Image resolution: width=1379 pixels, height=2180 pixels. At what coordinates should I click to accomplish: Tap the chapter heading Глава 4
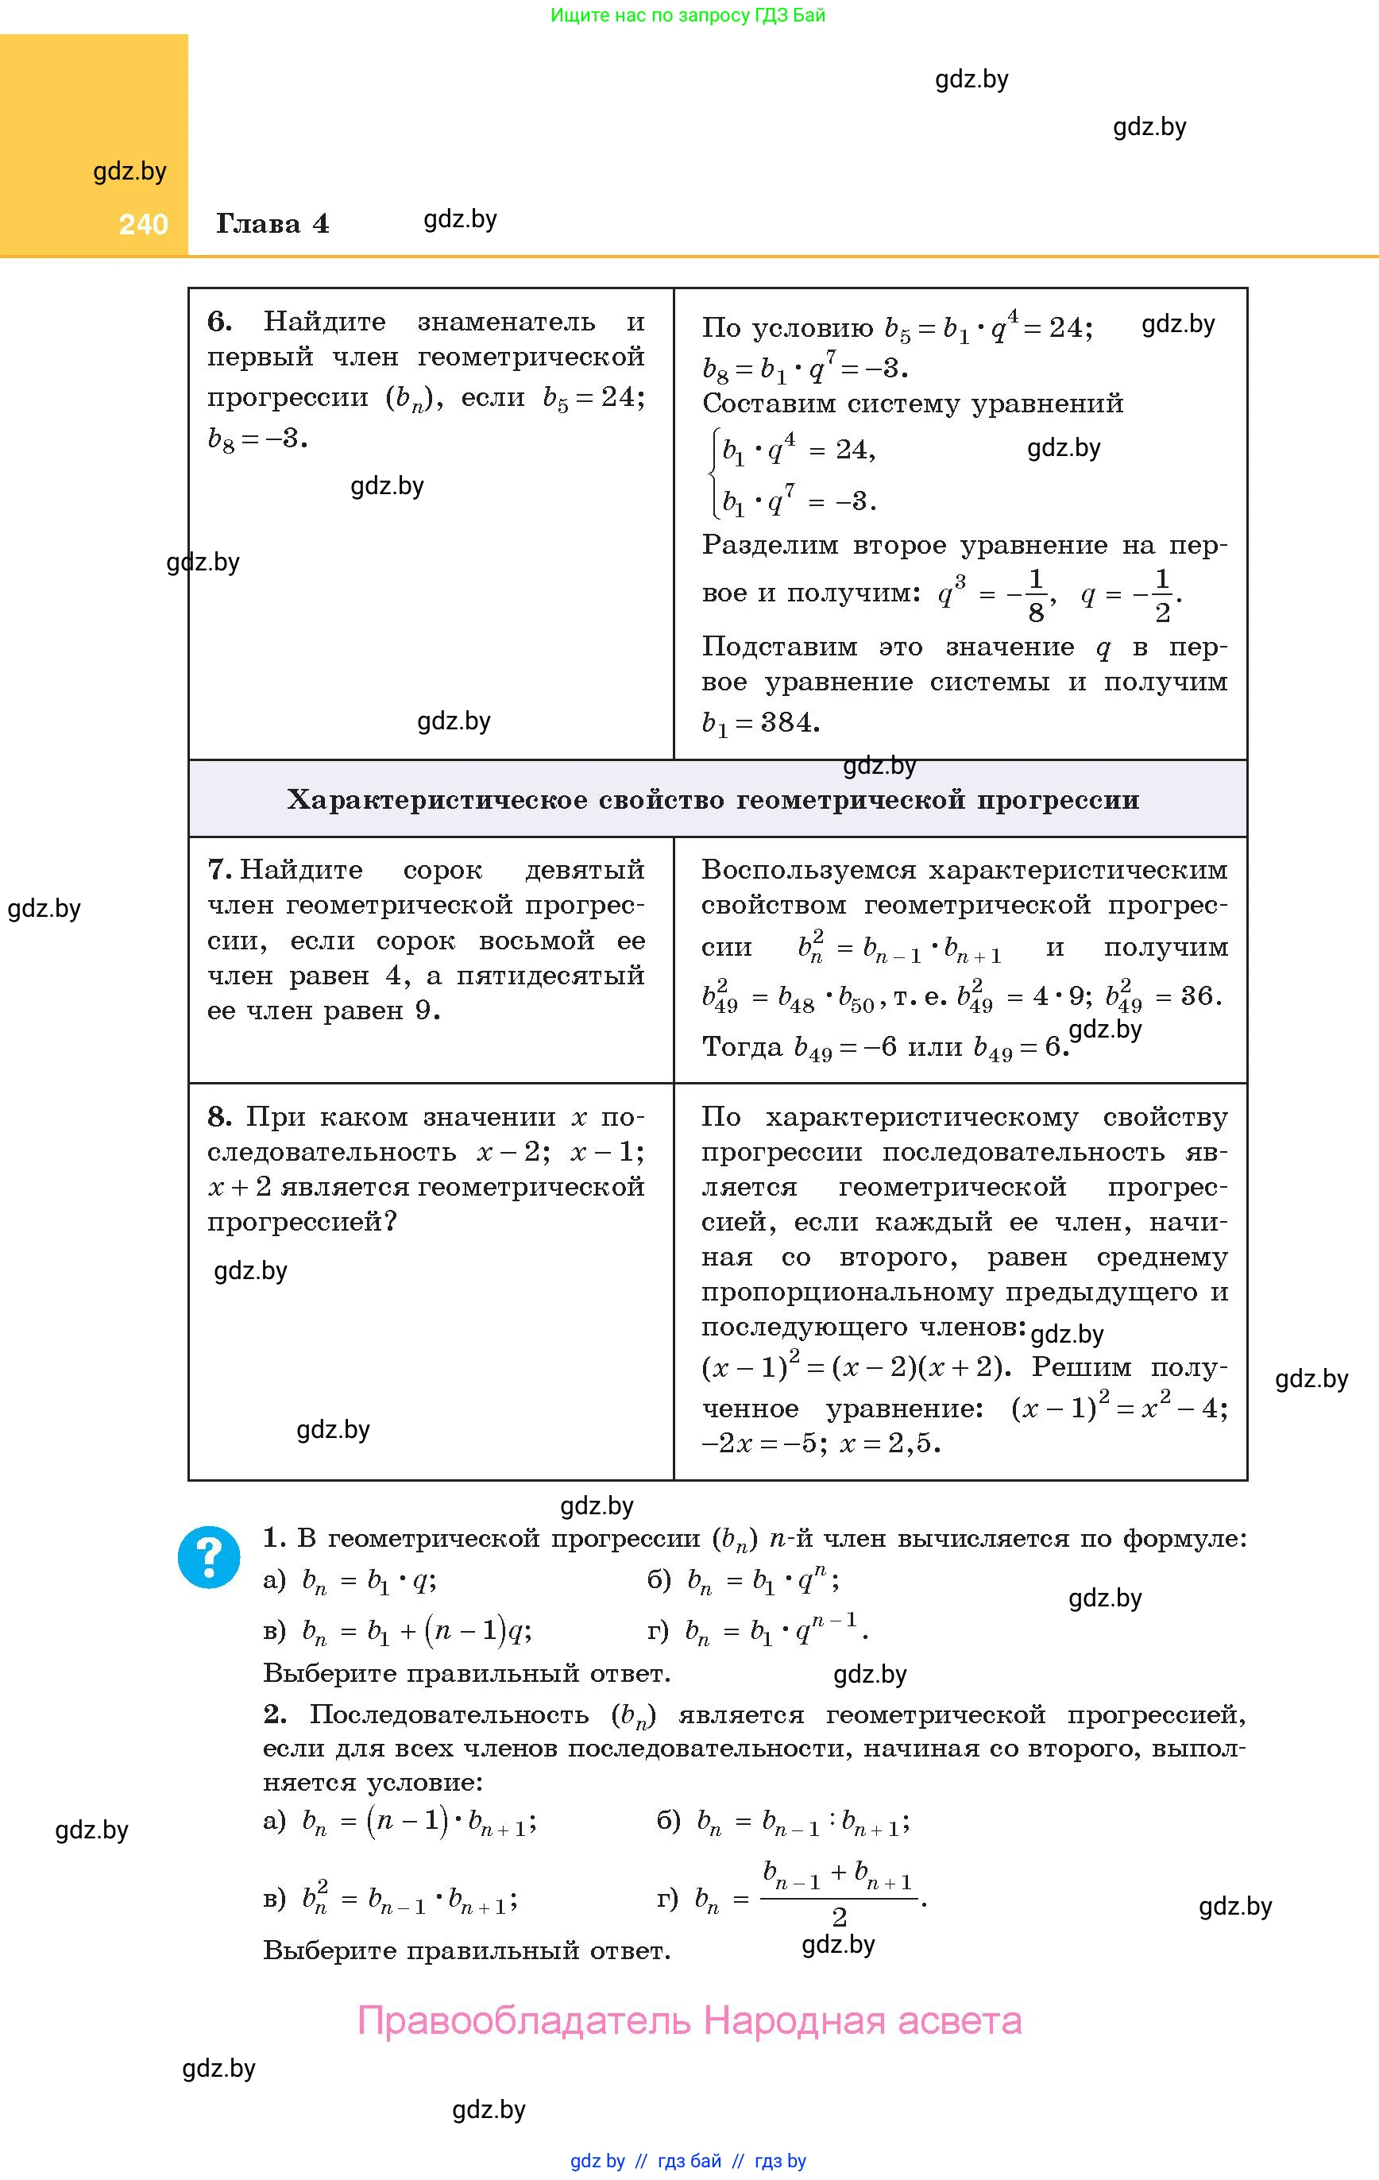click(272, 223)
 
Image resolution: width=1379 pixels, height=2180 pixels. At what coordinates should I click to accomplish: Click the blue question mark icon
click(209, 1557)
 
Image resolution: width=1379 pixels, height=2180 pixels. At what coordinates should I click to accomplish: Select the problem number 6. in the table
click(220, 322)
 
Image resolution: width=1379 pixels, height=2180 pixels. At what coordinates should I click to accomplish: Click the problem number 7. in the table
click(220, 870)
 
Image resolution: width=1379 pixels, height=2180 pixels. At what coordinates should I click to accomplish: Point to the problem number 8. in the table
click(220, 1117)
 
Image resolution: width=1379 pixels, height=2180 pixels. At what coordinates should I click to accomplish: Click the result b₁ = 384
click(760, 722)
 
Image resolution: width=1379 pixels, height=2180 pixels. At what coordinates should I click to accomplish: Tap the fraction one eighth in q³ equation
click(1036, 596)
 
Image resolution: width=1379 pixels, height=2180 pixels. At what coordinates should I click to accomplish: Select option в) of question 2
click(389, 1900)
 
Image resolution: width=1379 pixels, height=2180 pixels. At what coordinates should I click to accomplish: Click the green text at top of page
click(688, 15)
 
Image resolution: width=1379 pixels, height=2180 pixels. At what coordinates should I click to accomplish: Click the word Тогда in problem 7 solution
click(743, 1047)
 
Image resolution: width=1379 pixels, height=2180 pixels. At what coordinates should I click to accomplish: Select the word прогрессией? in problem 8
click(303, 1222)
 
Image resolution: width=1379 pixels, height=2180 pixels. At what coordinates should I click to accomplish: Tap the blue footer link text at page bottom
click(688, 2161)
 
